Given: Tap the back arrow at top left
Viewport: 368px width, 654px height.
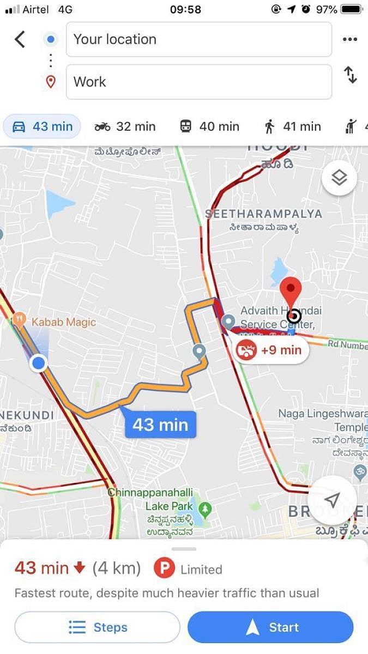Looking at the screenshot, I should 20,39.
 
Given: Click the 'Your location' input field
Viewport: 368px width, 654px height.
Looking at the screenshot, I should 198,39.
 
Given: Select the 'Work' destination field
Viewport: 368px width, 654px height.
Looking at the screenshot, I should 198,82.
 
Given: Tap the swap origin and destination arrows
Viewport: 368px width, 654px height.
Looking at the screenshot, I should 350,75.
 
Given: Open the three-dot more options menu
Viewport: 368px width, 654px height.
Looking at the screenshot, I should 349,39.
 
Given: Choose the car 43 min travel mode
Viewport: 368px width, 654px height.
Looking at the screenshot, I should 42,126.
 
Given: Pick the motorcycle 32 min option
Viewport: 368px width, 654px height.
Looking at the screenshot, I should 125,126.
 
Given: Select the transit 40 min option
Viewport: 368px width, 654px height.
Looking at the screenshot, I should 209,126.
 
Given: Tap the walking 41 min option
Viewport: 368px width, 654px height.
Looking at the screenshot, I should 292,126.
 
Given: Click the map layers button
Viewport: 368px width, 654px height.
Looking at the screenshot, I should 339,178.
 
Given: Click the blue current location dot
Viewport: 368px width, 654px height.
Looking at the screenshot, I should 38,362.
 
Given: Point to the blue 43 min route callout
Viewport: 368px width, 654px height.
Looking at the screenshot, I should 160,425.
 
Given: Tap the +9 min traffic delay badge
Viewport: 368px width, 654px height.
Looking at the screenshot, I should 270,350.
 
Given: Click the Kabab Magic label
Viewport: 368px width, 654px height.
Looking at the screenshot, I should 63,322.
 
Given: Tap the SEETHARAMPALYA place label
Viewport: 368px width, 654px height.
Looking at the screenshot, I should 264,214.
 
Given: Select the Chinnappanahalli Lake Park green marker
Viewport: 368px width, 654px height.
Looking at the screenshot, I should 205,510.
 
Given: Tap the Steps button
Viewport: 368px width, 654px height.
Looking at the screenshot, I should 97,627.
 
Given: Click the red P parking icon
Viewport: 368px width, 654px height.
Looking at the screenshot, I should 164,569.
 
